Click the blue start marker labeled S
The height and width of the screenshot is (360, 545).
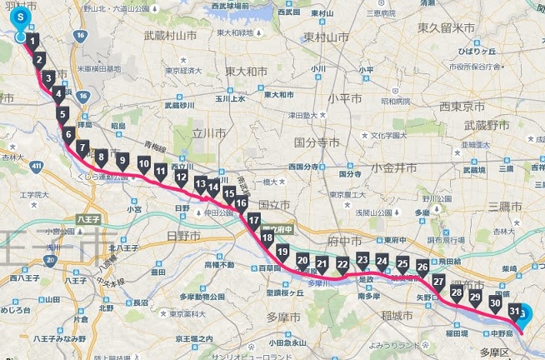(x=21, y=17)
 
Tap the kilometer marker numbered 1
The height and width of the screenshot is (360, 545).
(x=32, y=39)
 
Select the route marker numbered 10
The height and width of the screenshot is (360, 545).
(x=144, y=161)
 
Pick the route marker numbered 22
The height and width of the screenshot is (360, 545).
(x=342, y=265)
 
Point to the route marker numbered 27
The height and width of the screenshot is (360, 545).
(x=438, y=281)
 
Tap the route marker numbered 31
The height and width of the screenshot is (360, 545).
(x=515, y=312)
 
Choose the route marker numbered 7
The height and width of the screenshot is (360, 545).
(x=82, y=148)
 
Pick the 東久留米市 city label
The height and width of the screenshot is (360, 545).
(x=445, y=29)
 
